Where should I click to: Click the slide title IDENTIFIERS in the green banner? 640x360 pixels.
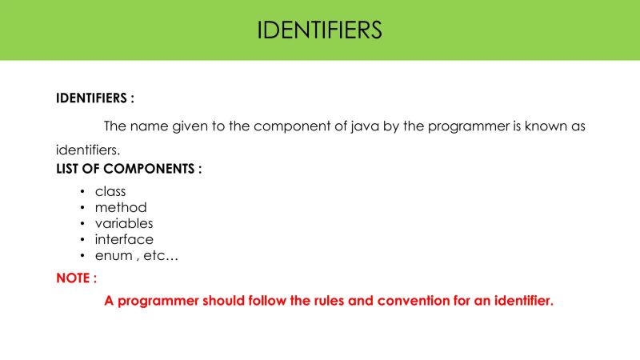(320, 30)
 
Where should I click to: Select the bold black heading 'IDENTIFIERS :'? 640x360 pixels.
(94, 98)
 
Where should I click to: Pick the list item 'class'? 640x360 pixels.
(110, 191)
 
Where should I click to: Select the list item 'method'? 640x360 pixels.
(121, 207)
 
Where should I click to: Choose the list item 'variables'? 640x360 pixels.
(124, 223)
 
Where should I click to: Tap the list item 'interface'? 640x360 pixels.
(124, 239)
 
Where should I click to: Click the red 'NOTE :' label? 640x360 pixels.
(77, 278)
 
